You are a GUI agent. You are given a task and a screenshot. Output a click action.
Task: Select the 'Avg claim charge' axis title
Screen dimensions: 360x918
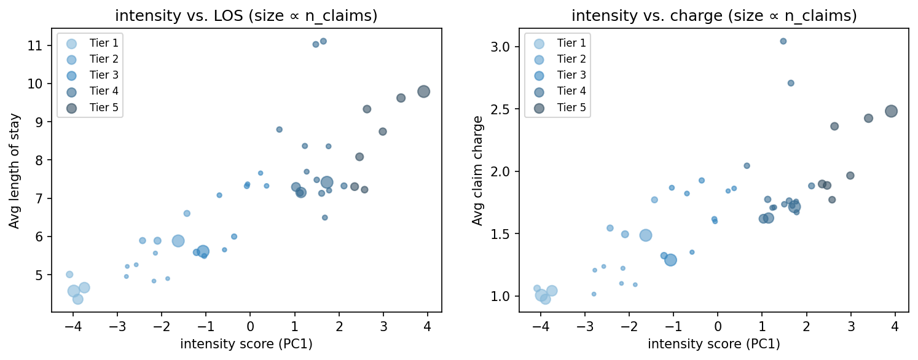pos(477,170)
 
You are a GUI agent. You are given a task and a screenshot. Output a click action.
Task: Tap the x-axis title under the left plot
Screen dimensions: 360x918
pos(246,344)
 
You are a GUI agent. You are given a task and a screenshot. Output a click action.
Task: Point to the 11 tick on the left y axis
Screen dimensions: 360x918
pos(38,45)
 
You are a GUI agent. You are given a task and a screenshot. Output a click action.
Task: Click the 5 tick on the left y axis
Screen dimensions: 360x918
pos(41,275)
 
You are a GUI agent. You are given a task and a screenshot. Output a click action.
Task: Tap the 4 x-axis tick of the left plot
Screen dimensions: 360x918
pos(427,326)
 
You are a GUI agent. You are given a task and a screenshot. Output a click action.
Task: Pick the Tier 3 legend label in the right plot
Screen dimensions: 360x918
pos(571,75)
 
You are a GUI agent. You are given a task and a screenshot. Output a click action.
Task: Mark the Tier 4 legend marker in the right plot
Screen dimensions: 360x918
pos(539,92)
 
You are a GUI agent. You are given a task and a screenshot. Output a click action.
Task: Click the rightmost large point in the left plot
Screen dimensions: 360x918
pos(423,92)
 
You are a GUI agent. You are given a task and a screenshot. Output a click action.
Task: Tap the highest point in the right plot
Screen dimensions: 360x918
pos(783,41)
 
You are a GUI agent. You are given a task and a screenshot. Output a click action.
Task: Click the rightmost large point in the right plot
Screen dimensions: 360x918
pos(891,111)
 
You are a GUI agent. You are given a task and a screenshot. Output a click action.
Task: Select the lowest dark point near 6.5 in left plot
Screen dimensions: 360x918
pos(324,217)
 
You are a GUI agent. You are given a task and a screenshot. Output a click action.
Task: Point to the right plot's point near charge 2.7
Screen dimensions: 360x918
pos(791,83)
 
